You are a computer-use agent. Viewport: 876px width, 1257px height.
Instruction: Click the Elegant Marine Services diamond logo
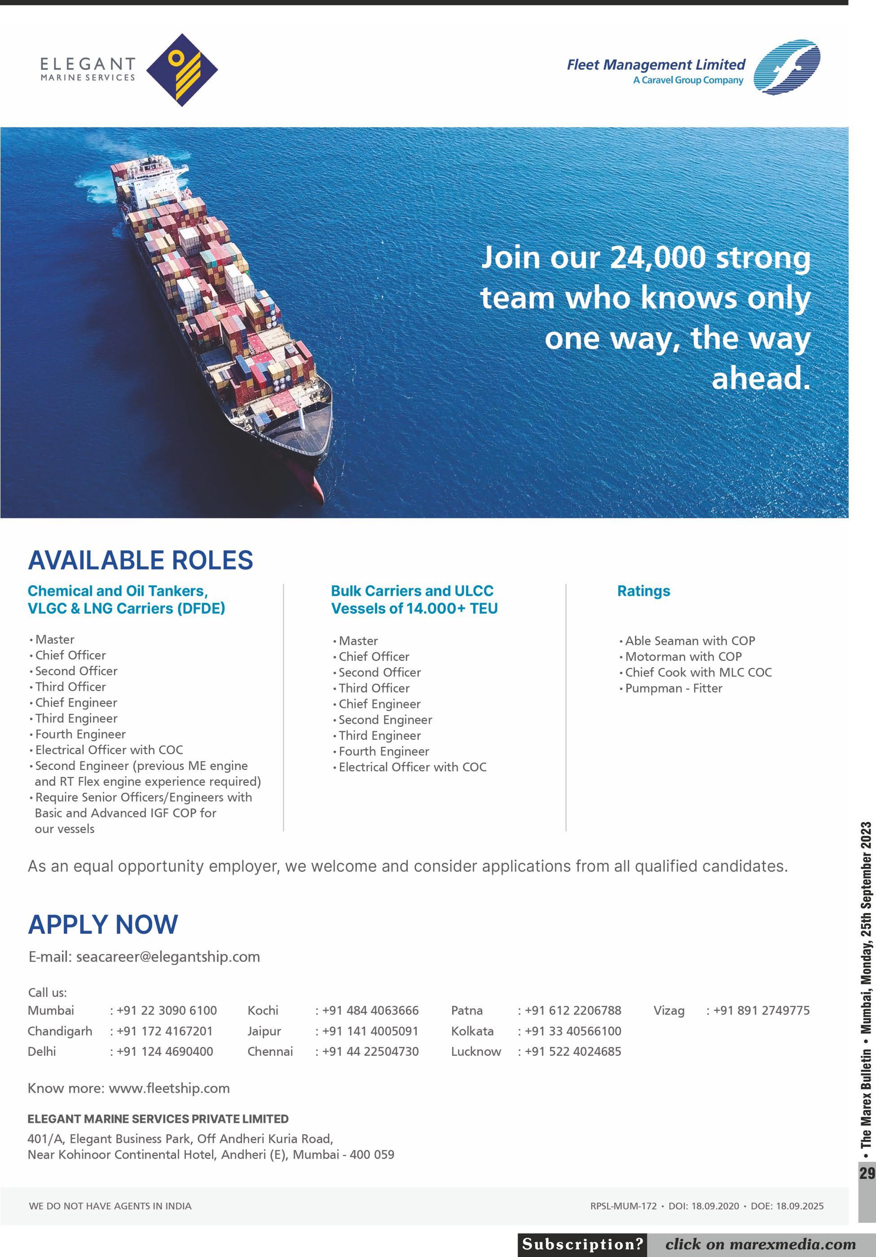pos(182,70)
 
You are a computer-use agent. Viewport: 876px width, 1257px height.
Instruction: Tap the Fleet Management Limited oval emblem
pos(787,67)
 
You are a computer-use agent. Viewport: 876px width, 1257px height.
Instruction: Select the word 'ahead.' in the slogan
pos(761,378)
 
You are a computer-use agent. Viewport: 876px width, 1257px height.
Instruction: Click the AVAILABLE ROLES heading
pos(141,560)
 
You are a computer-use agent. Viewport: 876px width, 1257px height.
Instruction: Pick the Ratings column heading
pos(643,591)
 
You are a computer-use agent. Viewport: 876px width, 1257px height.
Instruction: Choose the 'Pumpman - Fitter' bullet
pos(674,688)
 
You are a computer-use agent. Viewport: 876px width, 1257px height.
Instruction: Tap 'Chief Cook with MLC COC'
pos(698,672)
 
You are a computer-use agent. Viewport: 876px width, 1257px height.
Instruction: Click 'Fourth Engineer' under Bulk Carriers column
pos(384,752)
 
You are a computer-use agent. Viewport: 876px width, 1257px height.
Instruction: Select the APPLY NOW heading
pos(103,925)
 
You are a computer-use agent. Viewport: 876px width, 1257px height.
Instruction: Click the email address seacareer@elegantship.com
pos(167,957)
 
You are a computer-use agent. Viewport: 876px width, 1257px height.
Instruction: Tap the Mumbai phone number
pos(167,1011)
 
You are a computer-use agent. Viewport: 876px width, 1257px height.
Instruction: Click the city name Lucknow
pos(476,1052)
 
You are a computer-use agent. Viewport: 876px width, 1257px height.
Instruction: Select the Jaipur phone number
pos(370,1032)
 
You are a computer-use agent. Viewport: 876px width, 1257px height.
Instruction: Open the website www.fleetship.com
pos(169,1088)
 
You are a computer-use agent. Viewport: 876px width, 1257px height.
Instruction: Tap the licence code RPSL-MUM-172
pos(623,1206)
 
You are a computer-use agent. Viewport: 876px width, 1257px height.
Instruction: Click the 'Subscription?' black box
pos(582,1244)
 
